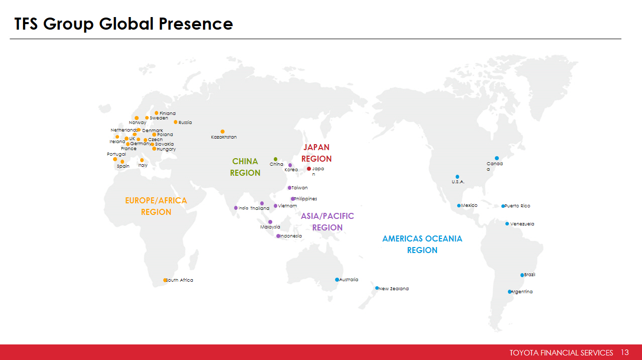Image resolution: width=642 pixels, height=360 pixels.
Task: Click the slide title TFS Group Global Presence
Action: [124, 24]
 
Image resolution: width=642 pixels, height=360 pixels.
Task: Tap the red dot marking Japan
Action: [309, 169]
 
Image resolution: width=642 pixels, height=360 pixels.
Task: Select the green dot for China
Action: [275, 159]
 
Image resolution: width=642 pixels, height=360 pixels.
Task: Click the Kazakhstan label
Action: [224, 137]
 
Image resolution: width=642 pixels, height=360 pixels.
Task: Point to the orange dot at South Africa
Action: [165, 280]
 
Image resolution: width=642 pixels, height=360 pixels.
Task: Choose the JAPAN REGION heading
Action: [316, 153]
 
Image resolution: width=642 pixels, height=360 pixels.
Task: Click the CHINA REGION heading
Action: [245, 167]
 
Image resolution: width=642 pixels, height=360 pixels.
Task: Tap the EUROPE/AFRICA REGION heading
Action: [156, 206]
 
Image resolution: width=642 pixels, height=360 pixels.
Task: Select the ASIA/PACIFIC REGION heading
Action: [328, 221]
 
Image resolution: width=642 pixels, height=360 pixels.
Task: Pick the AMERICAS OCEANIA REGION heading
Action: [422, 245]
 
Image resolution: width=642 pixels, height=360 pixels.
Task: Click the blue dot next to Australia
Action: [337, 280]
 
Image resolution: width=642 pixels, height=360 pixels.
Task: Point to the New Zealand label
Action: [393, 289]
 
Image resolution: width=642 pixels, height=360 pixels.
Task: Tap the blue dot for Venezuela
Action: [507, 223]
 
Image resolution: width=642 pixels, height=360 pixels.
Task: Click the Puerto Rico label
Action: [517, 206]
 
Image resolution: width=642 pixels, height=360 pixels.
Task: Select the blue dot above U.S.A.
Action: [458, 177]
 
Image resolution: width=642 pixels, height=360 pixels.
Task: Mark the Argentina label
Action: [522, 292]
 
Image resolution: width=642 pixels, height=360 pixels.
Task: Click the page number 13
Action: [625, 352]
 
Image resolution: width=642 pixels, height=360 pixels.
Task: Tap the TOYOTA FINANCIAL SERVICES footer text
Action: [561, 352]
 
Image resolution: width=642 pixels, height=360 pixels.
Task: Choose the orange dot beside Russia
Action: [176, 123]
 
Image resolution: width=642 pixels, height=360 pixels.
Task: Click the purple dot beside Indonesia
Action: [278, 236]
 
